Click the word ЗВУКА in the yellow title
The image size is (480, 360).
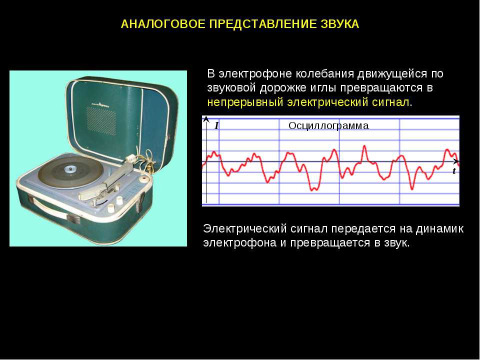[340, 24]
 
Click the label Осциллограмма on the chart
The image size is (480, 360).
[328, 125]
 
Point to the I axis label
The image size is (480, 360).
[216, 125]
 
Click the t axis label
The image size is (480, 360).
[454, 171]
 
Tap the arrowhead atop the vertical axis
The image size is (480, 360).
[206, 119]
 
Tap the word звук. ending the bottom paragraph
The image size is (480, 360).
[396, 243]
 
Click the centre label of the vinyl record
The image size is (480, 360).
[70, 169]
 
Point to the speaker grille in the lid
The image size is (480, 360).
[101, 121]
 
